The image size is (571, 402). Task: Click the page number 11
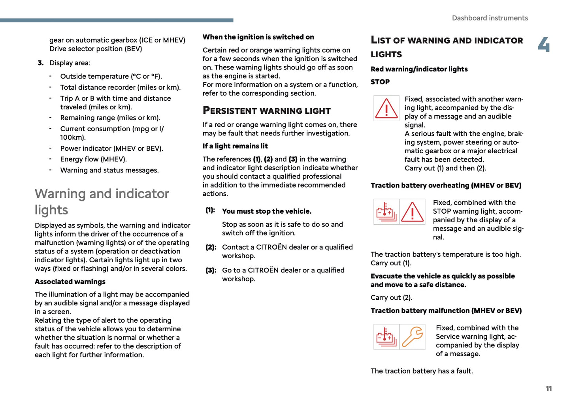[x=548, y=389]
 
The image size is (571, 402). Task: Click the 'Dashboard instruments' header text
[x=490, y=18]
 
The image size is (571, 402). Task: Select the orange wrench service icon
[x=413, y=337]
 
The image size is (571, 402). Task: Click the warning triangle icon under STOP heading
[x=386, y=108]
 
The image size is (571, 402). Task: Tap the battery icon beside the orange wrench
[x=386, y=337]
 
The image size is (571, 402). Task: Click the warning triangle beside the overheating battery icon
[x=413, y=212]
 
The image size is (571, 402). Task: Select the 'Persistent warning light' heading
[x=266, y=111]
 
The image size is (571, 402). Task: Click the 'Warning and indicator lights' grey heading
[x=102, y=201]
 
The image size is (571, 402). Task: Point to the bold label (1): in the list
[x=210, y=210]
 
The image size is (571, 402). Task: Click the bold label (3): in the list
[x=211, y=271]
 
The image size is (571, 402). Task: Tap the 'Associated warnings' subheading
[x=70, y=282]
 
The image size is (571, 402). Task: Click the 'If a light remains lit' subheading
[x=235, y=146]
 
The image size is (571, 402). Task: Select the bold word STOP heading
[x=380, y=82]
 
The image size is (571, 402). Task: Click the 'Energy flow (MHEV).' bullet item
[x=93, y=160]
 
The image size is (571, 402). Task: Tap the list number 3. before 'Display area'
[x=40, y=63]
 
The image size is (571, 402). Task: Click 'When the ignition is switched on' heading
[x=258, y=37]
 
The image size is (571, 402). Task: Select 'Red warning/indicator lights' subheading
[x=419, y=70]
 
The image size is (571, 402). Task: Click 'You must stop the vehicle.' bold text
[x=266, y=211]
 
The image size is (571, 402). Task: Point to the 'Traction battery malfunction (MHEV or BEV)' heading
[x=446, y=311]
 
